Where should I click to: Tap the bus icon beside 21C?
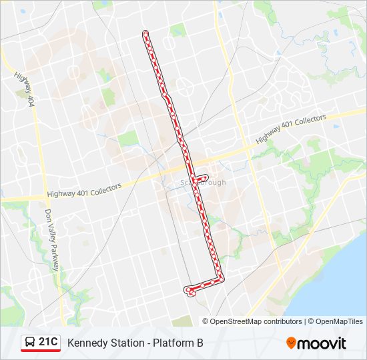click(31, 343)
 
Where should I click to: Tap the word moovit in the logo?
click(322, 343)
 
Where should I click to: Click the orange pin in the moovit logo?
click(291, 343)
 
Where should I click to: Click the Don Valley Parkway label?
click(52, 239)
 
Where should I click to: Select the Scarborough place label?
click(204, 183)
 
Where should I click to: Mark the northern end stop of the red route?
click(145, 33)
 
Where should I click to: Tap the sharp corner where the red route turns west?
click(222, 279)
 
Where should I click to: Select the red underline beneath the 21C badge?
click(41, 351)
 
